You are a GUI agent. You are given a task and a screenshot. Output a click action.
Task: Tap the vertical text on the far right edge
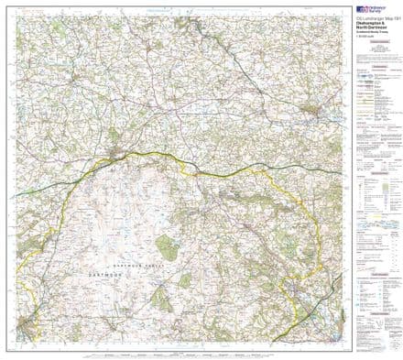click(x=400, y=183)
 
